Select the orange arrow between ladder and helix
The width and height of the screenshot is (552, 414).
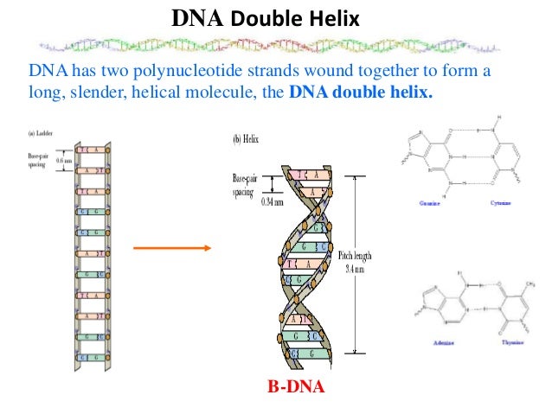[171, 249]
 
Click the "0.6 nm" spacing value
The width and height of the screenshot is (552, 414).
[64, 158]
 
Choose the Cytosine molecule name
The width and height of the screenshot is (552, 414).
[497, 205]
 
